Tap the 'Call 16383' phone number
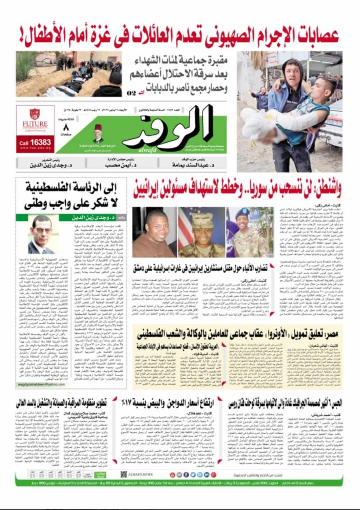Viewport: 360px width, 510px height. point(35,142)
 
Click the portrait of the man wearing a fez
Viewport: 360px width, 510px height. point(98,134)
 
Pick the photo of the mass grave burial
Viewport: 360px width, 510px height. point(69,74)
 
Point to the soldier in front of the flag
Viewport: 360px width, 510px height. point(202,232)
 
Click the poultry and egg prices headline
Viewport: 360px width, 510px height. point(170,403)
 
